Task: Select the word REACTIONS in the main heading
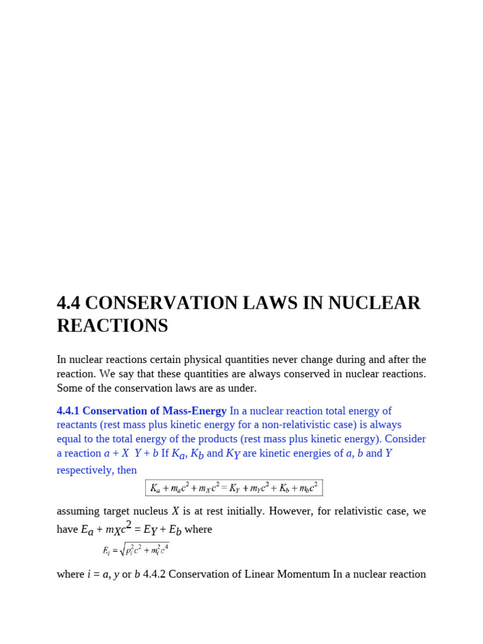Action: coord(113,326)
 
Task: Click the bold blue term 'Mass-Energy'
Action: coord(194,411)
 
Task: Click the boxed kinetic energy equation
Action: coord(234,488)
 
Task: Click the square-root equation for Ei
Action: coord(136,550)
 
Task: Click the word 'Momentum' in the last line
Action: coord(306,574)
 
